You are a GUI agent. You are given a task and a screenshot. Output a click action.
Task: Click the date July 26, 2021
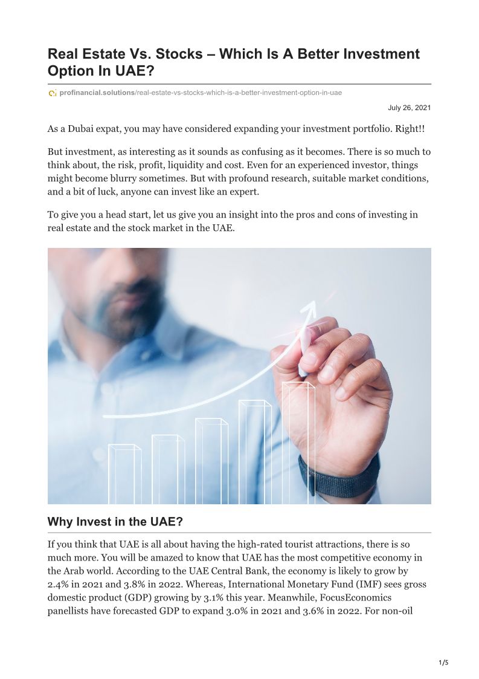[x=409, y=108]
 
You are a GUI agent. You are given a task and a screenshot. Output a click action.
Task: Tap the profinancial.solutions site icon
[x=53, y=93]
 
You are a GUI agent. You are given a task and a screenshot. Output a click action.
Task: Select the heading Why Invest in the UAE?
[x=115, y=521]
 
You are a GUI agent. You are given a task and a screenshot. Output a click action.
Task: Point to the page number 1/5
[x=443, y=663]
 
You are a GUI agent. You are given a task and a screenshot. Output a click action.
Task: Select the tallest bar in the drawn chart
[x=298, y=441]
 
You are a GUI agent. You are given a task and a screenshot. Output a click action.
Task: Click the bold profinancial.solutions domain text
[x=97, y=93]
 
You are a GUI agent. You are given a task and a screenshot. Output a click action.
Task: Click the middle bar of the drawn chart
[x=211, y=461]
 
